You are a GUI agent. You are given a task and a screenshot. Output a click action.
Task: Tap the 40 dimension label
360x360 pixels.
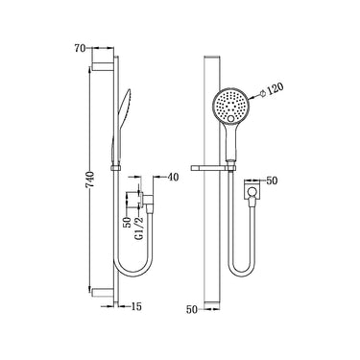[x=173, y=178]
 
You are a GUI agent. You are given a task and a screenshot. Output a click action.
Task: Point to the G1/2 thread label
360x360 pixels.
[x=140, y=229]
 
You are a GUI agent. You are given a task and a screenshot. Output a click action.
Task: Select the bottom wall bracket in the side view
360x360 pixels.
[x=101, y=292]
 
